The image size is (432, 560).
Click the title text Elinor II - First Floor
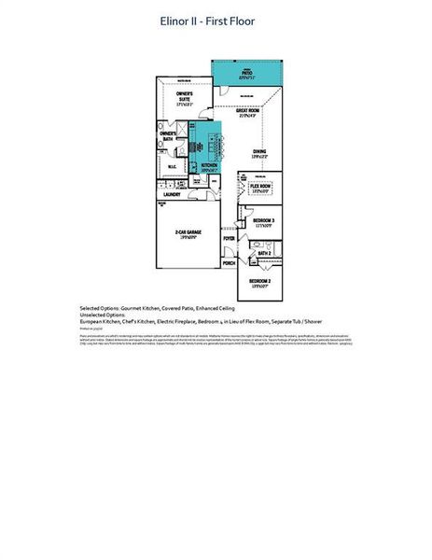click(215, 21)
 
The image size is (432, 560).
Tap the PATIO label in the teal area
click(247, 72)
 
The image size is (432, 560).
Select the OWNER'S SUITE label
click(185, 96)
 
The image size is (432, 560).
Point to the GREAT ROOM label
click(247, 113)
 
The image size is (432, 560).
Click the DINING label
click(260, 153)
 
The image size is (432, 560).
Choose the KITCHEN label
click(209, 167)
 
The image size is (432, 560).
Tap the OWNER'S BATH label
click(168, 135)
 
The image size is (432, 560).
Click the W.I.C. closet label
click(173, 169)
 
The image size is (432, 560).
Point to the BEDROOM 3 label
click(262, 222)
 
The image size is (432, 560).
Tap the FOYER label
click(229, 239)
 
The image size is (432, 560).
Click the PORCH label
click(229, 263)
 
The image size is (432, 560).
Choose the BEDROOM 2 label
click(259, 282)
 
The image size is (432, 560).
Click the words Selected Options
click(102, 307)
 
